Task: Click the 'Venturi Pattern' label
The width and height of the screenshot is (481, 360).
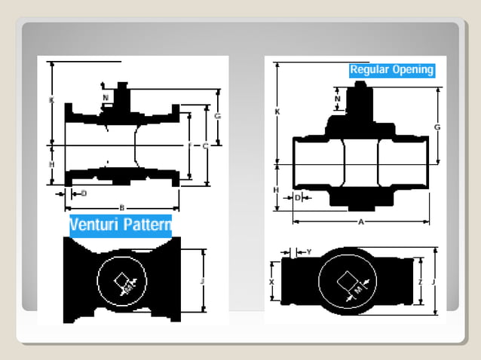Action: click(x=121, y=224)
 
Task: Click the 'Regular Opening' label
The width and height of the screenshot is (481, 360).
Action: click(x=391, y=70)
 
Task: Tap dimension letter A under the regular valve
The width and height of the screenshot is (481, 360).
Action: click(x=360, y=222)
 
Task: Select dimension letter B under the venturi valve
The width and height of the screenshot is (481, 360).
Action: click(x=122, y=207)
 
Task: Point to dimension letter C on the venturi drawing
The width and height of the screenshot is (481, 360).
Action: click(x=205, y=146)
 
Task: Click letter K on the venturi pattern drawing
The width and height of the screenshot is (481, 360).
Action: click(x=51, y=99)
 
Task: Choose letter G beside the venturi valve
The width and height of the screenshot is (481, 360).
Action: click(x=217, y=116)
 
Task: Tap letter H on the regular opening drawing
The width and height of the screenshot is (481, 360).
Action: click(x=277, y=189)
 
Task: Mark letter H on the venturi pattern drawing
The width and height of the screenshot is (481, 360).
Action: click(x=51, y=163)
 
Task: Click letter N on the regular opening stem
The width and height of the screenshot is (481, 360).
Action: click(x=337, y=99)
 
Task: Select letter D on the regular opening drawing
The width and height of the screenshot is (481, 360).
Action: click(x=298, y=197)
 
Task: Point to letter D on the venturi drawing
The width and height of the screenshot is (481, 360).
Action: click(x=84, y=193)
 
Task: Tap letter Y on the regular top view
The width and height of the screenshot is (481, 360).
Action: click(x=309, y=252)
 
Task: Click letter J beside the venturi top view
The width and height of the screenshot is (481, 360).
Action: click(x=203, y=281)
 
